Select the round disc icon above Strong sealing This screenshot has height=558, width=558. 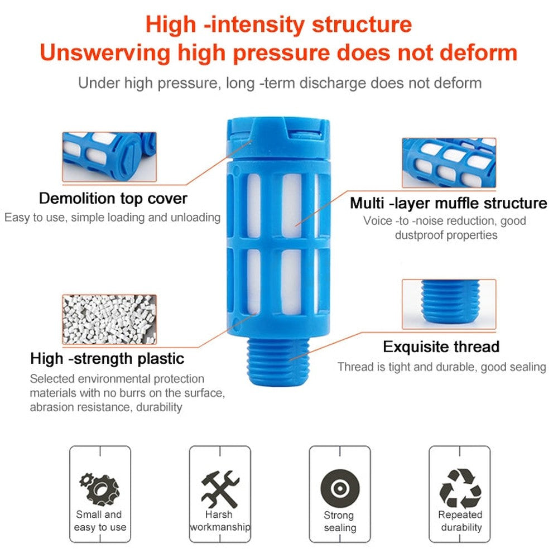click(x=339, y=488)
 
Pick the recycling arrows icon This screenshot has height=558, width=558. click(x=460, y=487)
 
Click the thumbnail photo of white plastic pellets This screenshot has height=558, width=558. click(x=109, y=320)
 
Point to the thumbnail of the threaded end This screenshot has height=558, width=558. click(x=449, y=304)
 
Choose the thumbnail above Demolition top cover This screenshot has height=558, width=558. click(x=109, y=157)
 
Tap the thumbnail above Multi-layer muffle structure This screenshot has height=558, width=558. click(x=449, y=162)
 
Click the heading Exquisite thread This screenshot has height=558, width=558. click(x=441, y=347)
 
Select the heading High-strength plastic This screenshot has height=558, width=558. click(x=107, y=358)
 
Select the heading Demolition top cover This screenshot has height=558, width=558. click(x=113, y=198)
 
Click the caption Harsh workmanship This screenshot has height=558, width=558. click(x=219, y=521)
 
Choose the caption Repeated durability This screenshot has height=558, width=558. click(x=460, y=521)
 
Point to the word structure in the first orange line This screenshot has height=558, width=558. click(x=361, y=25)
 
